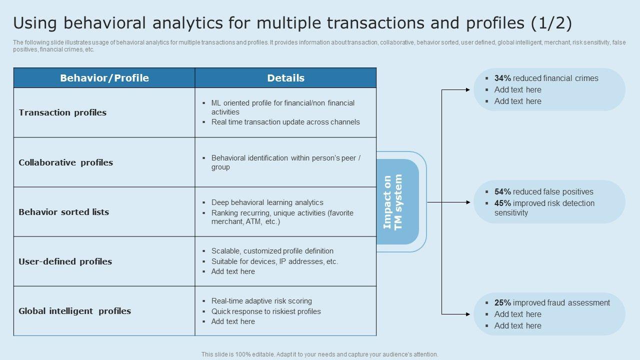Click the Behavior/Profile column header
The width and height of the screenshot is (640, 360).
point(104,78)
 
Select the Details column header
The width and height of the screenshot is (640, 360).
point(285,78)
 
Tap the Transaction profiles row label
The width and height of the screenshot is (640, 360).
point(62,112)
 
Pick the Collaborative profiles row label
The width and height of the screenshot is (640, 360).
point(65,162)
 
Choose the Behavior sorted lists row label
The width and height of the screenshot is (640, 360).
point(63,212)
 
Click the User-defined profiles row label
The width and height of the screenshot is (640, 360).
point(65,261)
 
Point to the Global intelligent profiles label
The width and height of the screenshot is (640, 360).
point(74,311)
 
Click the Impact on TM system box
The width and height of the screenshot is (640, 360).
point(397,201)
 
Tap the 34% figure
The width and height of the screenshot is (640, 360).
point(502,78)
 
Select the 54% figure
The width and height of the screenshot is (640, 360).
point(502,191)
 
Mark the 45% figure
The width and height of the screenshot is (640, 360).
point(502,203)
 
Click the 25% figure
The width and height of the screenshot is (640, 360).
point(502,302)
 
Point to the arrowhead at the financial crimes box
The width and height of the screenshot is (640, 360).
point(468,89)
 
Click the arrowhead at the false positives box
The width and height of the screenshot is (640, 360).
point(468,202)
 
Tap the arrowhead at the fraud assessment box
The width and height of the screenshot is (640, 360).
point(468,314)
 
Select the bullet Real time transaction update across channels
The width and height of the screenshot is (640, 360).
point(285,122)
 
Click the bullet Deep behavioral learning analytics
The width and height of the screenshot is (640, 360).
point(267,202)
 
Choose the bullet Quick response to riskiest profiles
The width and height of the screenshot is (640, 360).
point(266,311)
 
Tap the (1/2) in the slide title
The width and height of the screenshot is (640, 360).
point(551,23)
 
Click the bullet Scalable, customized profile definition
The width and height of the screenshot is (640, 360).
point(272,251)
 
